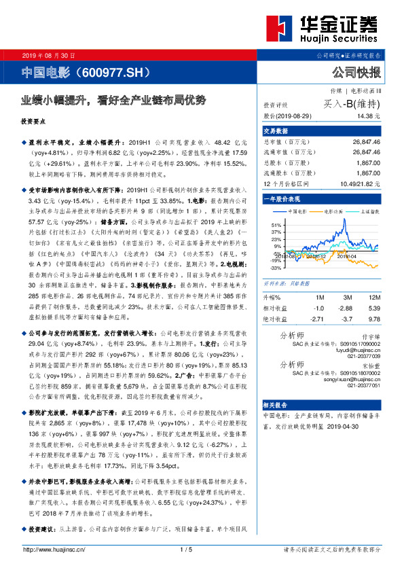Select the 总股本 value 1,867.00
[366, 163]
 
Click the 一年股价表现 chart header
[282, 198]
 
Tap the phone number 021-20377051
[363, 385]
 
